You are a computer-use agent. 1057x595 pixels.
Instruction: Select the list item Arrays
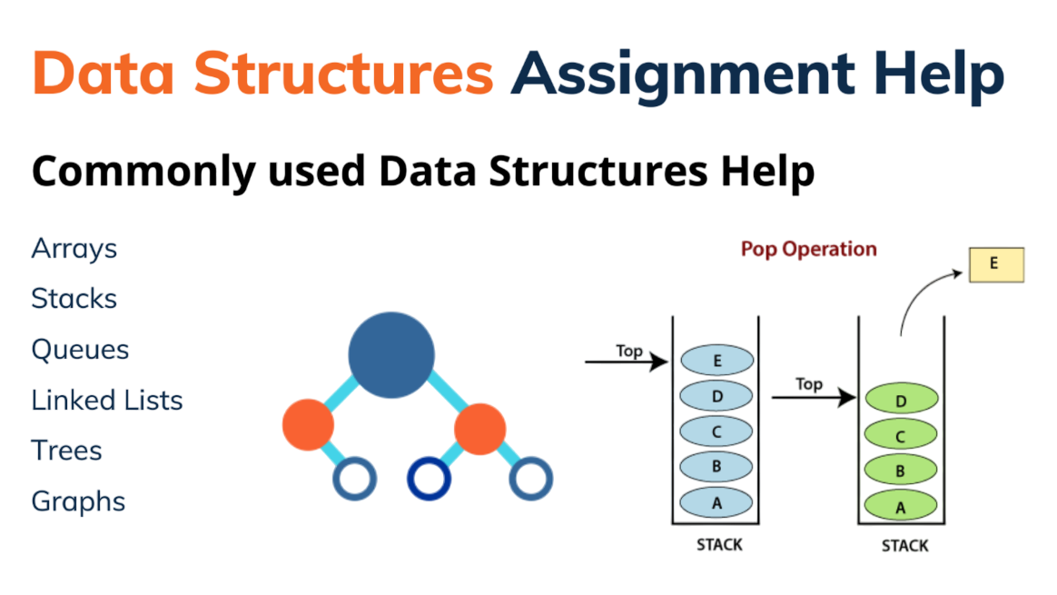point(74,249)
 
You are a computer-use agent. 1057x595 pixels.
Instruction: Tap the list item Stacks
point(74,298)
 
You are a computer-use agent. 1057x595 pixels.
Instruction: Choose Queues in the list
point(80,350)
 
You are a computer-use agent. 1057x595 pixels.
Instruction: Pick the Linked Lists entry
point(107,400)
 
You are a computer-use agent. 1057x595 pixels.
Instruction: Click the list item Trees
point(66,450)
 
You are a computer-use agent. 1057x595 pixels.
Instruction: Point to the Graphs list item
point(78,502)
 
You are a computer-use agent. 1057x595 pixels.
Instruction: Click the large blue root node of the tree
point(391,355)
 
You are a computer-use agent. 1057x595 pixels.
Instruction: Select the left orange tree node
point(308,425)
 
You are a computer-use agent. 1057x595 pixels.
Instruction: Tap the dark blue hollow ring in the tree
point(429,479)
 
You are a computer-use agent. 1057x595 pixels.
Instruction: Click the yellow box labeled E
point(996,264)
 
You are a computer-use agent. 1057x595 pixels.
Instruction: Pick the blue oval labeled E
point(716,361)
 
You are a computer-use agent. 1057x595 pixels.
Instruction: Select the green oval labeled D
point(902,399)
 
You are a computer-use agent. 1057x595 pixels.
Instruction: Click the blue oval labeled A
point(716,502)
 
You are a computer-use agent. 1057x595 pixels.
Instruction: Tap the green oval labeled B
point(901,471)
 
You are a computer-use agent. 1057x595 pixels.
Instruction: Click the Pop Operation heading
point(809,250)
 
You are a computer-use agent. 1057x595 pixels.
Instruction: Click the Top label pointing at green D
point(809,384)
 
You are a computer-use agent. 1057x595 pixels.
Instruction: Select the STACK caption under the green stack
point(904,546)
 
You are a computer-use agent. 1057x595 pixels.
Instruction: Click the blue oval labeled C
point(716,431)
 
